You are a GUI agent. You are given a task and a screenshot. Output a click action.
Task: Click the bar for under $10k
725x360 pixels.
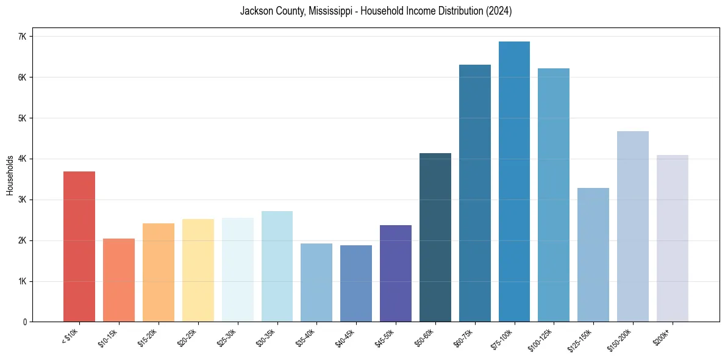[79, 247]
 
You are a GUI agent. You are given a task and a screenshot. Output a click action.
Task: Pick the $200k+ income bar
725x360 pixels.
[672, 239]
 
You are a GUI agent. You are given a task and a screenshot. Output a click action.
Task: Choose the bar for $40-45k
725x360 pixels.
[356, 284]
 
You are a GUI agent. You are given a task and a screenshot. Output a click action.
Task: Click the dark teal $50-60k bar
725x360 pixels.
[435, 237]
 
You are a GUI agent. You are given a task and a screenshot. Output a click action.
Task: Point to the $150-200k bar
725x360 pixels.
[632, 226]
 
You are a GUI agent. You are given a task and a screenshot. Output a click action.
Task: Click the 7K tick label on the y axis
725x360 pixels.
[23, 37]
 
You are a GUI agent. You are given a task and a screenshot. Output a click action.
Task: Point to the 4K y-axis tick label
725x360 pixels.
[23, 159]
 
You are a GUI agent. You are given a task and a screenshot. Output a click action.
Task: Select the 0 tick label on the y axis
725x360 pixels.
[25, 322]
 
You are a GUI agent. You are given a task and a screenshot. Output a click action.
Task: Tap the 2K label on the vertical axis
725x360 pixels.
[23, 240]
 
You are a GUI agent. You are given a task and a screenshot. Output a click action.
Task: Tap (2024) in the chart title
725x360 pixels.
[499, 11]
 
